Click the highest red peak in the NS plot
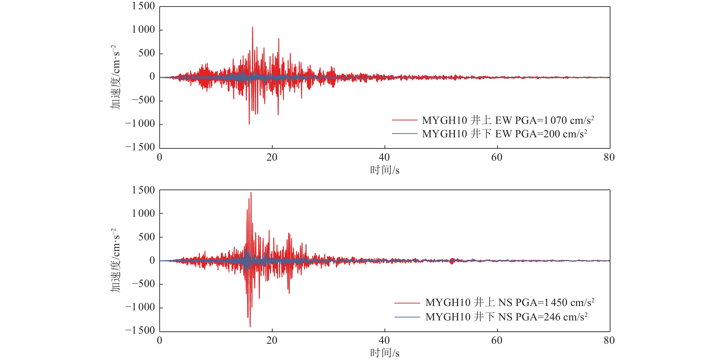point(251,193)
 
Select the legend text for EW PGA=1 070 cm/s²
point(508,120)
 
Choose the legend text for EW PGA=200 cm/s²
point(504,134)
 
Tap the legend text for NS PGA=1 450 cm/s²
point(510,303)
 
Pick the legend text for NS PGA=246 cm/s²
point(506,317)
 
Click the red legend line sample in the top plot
point(405,120)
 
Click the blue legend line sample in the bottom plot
point(407,317)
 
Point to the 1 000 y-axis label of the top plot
point(143,29)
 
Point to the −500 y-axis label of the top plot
point(143,100)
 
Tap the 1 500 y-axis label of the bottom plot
point(143,190)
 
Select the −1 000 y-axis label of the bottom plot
point(140,307)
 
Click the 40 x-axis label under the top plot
point(384,157)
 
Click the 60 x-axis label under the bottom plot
point(497,340)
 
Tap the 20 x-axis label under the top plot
point(272,157)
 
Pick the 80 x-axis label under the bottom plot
point(609,340)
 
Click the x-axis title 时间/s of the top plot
point(385,170)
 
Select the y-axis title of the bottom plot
point(115,260)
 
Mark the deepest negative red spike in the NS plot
point(250,326)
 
